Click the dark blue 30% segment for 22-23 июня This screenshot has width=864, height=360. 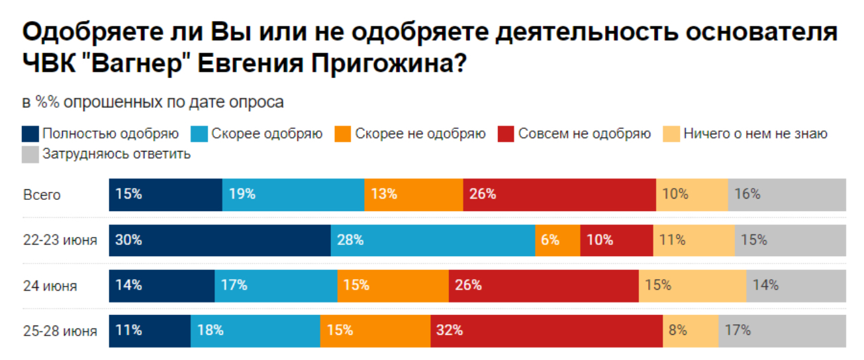pyautogui.click(x=220, y=240)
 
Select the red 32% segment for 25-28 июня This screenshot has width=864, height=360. pyautogui.click(x=546, y=330)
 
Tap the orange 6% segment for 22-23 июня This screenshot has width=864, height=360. pyautogui.click(x=557, y=240)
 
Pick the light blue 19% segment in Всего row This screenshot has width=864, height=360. pyautogui.click(x=293, y=195)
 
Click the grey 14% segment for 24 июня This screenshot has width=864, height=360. pyautogui.click(x=796, y=285)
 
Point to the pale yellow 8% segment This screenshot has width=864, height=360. pyautogui.click(x=691, y=330)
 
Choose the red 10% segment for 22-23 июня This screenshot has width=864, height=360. pyautogui.click(x=616, y=240)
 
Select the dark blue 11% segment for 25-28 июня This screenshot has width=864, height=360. pyautogui.click(x=150, y=330)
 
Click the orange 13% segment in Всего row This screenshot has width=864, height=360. pyautogui.click(x=413, y=195)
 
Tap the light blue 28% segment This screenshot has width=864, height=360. pyautogui.click(x=432, y=240)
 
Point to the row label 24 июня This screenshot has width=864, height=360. pyautogui.click(x=50, y=286)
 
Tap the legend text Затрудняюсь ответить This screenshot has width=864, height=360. pyautogui.click(x=117, y=154)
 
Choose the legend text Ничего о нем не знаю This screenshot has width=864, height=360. pyautogui.click(x=755, y=134)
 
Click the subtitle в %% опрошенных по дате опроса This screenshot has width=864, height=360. pyautogui.click(x=153, y=103)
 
